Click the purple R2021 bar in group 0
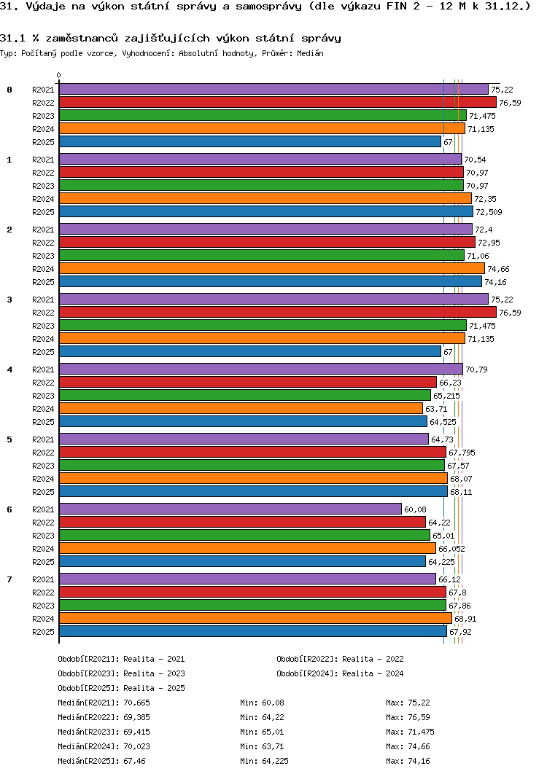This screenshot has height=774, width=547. [x=273, y=89]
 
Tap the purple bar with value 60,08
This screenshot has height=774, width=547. [x=230, y=509]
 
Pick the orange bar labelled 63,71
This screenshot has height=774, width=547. [x=241, y=408]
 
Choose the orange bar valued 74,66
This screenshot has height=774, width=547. [x=271, y=268]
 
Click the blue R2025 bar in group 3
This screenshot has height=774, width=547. [x=249, y=351]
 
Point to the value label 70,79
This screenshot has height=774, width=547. [x=476, y=370]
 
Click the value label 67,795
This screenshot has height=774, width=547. [x=462, y=453]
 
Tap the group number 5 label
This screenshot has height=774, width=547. [x=9, y=439]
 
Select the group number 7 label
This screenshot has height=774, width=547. [x=9, y=579]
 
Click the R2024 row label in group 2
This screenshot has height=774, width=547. [x=44, y=269]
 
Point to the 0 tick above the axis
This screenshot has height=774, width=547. [x=59, y=75]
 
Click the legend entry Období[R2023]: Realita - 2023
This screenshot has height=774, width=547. [x=121, y=673]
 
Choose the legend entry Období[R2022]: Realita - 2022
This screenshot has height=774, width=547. [x=340, y=659]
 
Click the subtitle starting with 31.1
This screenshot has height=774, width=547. [x=170, y=37]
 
